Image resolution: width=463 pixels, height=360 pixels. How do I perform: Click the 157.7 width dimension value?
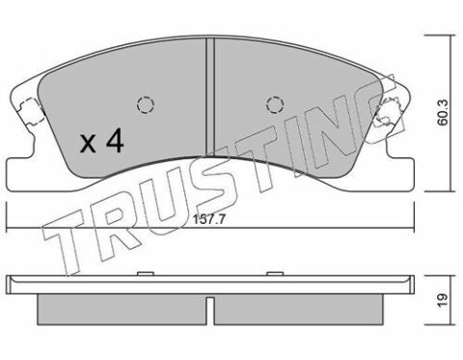pos(209,220)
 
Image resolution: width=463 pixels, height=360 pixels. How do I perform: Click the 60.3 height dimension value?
pos(444,112)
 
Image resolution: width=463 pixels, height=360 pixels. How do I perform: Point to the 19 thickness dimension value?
pos(444,301)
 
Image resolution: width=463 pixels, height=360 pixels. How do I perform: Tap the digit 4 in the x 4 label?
pos(115,140)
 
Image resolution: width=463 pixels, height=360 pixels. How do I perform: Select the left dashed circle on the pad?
pos(146,104)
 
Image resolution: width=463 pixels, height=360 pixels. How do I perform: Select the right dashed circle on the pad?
pos(275,104)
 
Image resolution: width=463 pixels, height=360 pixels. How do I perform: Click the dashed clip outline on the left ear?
pos(31,111)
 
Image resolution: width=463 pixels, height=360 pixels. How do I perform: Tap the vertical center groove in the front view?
pos(210,97)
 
